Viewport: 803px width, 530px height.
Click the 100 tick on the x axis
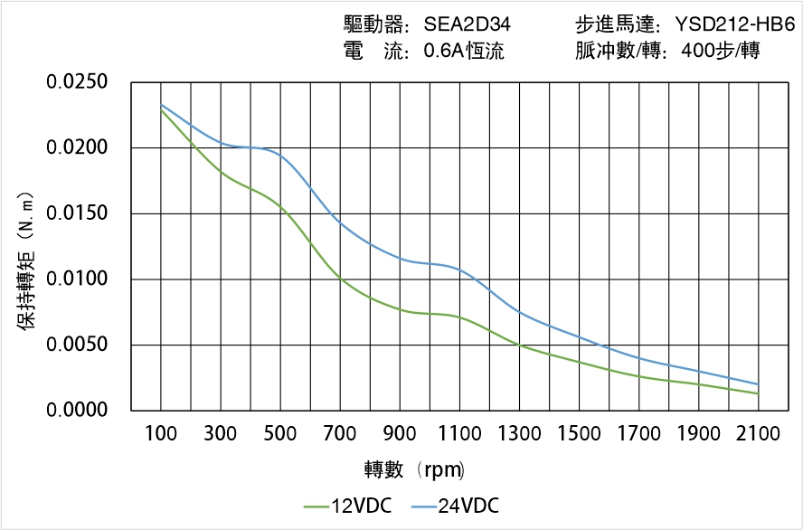point(161,434)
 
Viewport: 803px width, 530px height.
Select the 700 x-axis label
point(340,434)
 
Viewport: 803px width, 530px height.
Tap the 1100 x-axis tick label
point(459,434)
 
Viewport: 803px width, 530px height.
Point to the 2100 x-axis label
point(758,434)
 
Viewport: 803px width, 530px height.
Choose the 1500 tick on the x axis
point(579,434)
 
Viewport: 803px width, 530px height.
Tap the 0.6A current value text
point(463,52)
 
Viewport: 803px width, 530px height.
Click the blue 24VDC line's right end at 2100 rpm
point(758,383)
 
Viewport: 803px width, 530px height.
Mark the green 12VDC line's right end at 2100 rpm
point(758,393)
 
